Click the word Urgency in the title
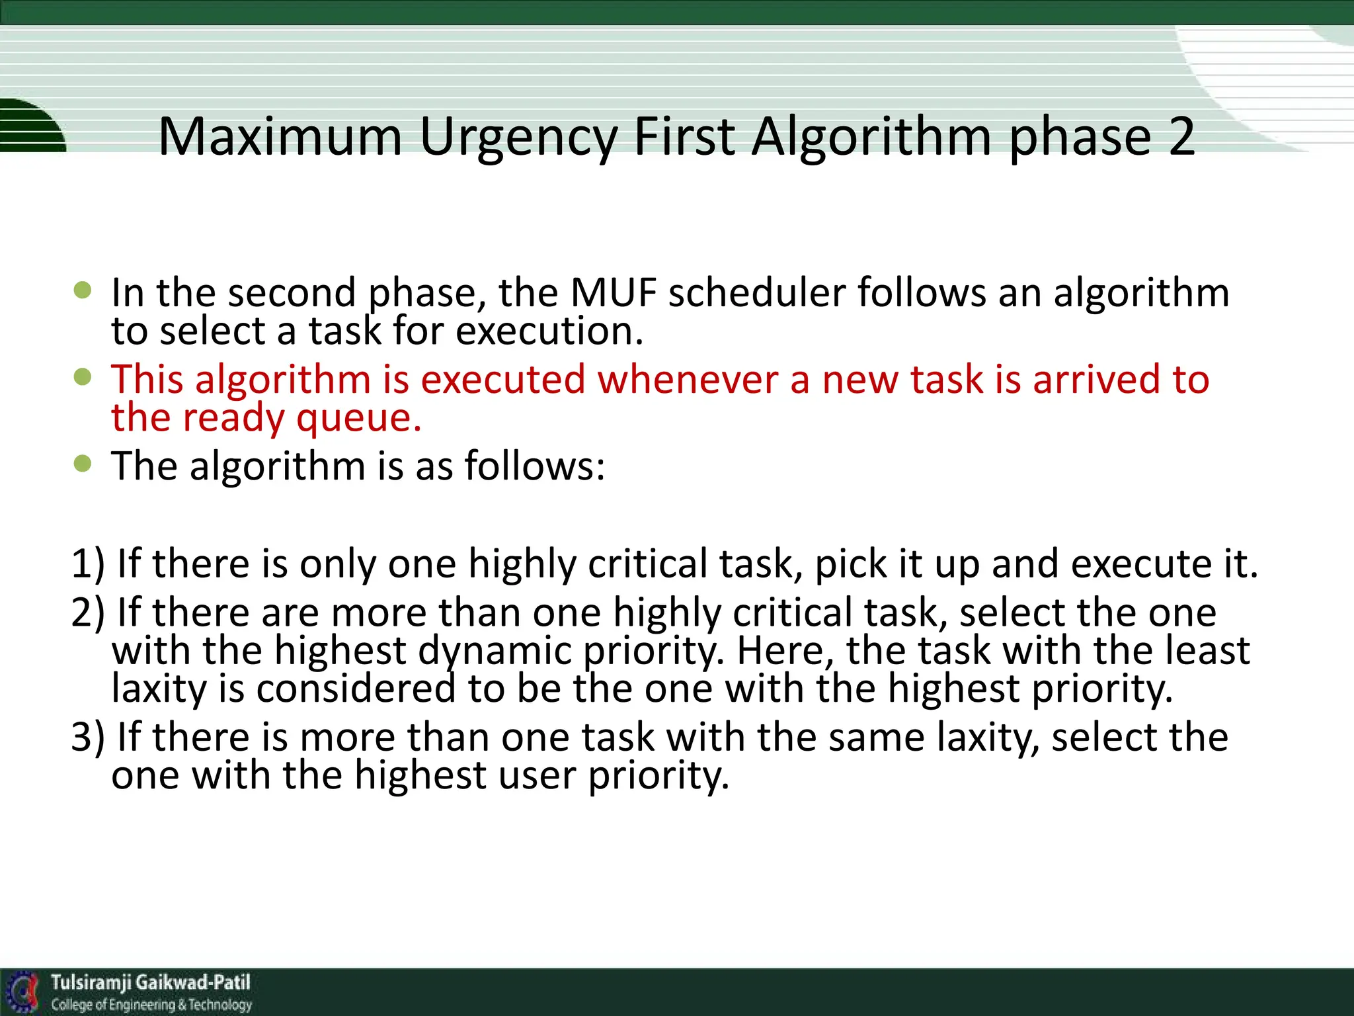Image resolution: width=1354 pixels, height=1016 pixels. (518, 137)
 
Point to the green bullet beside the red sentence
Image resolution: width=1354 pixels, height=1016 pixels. (83, 377)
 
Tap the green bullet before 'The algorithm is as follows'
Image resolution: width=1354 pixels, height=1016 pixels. (83, 463)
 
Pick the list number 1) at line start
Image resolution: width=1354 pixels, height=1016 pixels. (87, 564)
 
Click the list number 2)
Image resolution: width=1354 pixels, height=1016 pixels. (87, 613)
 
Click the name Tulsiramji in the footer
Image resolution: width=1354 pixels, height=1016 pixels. (92, 982)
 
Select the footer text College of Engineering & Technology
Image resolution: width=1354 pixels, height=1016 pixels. (151, 1005)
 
